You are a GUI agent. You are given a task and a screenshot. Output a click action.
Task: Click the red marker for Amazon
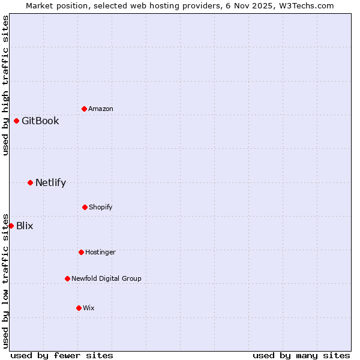point(84,109)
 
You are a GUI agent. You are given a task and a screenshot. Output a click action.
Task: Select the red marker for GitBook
point(16,121)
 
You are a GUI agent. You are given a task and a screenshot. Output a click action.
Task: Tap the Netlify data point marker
point(30,182)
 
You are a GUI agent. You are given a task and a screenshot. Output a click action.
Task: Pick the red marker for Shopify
point(85,207)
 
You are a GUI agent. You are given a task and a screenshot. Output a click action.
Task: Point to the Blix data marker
point(11,226)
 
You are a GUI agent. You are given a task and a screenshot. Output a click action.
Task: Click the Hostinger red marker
point(81,252)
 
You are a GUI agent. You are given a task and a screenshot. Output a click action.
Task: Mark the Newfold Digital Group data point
point(67,278)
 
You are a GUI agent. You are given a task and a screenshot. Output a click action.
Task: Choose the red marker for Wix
point(79,308)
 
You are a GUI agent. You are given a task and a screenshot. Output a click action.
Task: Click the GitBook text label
point(40,121)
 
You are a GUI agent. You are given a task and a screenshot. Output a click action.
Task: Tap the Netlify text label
point(50,182)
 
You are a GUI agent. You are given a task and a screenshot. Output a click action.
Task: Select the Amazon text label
point(101,109)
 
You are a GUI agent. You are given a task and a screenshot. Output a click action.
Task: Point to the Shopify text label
point(101,207)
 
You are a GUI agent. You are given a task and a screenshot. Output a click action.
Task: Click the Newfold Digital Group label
point(106,278)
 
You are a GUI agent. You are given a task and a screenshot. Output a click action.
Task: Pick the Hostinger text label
point(100,252)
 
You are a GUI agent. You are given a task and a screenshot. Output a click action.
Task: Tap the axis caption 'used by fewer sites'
point(62,355)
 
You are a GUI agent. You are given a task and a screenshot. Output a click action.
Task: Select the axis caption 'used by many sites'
point(301,355)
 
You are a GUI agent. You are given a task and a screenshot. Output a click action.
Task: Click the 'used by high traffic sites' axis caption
point(5,85)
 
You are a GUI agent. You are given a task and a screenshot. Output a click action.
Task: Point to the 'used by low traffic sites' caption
point(5,280)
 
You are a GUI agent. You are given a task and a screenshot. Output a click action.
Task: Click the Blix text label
point(25,226)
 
